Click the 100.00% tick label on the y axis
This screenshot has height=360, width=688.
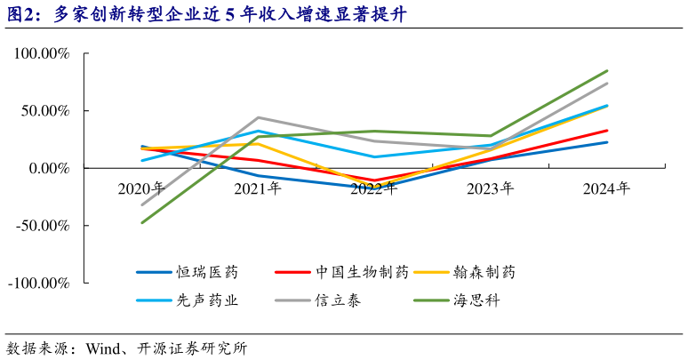[x=42, y=54]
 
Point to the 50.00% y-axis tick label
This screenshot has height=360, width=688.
[x=45, y=111]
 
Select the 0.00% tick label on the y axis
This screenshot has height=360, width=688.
[x=49, y=168]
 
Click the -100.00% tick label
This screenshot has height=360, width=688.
[x=40, y=283]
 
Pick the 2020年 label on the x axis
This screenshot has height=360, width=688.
[x=141, y=188]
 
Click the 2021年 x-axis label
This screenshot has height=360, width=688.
[x=258, y=188]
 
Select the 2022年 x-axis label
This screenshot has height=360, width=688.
[x=374, y=188]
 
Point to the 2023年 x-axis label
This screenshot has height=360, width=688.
[x=491, y=188]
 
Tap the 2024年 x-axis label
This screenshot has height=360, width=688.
[x=607, y=188]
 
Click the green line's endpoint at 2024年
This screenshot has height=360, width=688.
[x=607, y=71]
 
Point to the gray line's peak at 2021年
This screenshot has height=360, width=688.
[x=258, y=117]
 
